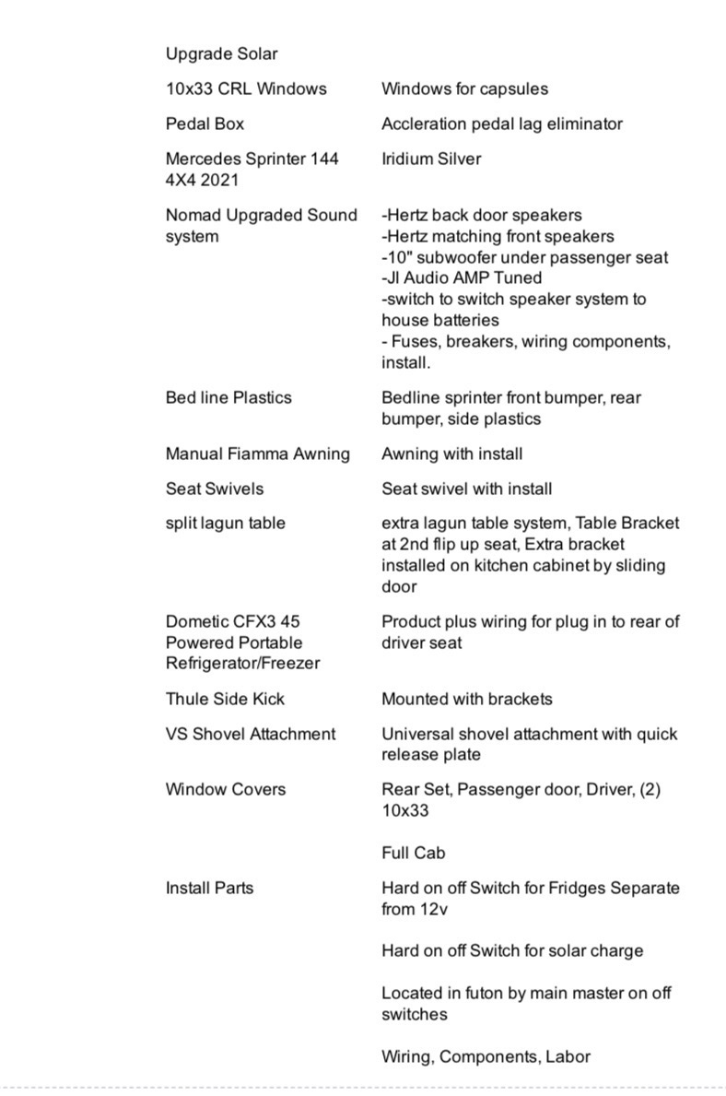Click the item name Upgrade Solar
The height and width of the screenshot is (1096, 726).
[221, 53]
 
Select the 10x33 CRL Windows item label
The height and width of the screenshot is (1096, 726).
[246, 88]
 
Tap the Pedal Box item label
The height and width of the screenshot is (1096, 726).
[205, 124]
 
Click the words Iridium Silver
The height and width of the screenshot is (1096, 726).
[431, 159]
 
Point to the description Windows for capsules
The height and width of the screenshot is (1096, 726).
[464, 88]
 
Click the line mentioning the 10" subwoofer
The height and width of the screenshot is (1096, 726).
[524, 257]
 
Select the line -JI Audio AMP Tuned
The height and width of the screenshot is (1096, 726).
[462, 277]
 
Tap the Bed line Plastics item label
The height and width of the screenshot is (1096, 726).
[228, 397]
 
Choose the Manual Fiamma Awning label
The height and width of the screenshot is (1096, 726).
[258, 454]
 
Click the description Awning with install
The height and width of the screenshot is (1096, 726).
[451, 454]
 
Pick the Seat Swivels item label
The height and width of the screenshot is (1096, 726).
[215, 489]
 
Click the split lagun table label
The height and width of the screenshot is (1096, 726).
[225, 523]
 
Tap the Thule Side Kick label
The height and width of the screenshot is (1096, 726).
[225, 699]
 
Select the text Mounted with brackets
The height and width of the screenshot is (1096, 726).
[467, 699]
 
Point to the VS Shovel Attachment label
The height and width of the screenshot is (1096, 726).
[251, 734]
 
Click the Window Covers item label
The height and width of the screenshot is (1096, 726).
[226, 789]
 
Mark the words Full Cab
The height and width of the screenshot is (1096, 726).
[414, 853]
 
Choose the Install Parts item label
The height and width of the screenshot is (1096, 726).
[209, 888]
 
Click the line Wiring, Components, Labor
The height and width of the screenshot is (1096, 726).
[486, 1056]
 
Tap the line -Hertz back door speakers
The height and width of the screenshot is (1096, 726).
[482, 215]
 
